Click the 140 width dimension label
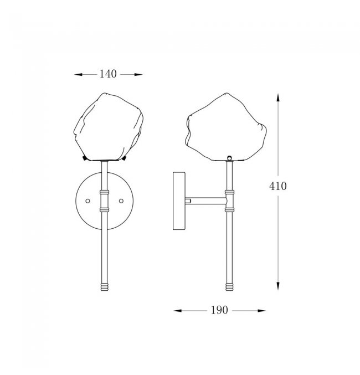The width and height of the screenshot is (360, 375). tap(108, 74)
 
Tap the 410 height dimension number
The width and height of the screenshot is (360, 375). tap(277, 186)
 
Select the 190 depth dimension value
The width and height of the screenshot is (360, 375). tap(219, 310)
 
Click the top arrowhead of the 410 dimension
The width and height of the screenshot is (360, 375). tap(277, 97)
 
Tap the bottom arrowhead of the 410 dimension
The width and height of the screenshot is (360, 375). tap(277, 286)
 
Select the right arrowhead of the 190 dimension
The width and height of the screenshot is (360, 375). tap(261, 311)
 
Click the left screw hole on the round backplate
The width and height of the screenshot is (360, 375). tap(88, 201)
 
